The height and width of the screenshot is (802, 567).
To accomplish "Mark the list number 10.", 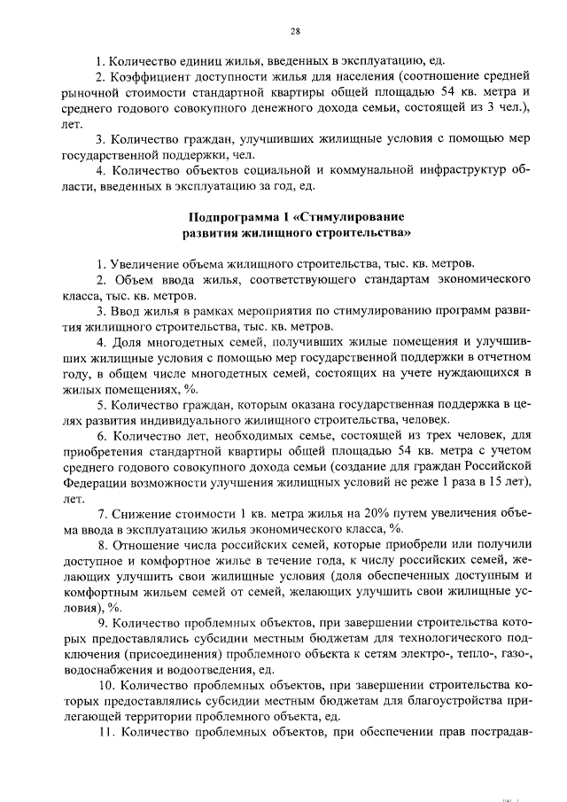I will coord(105,684).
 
